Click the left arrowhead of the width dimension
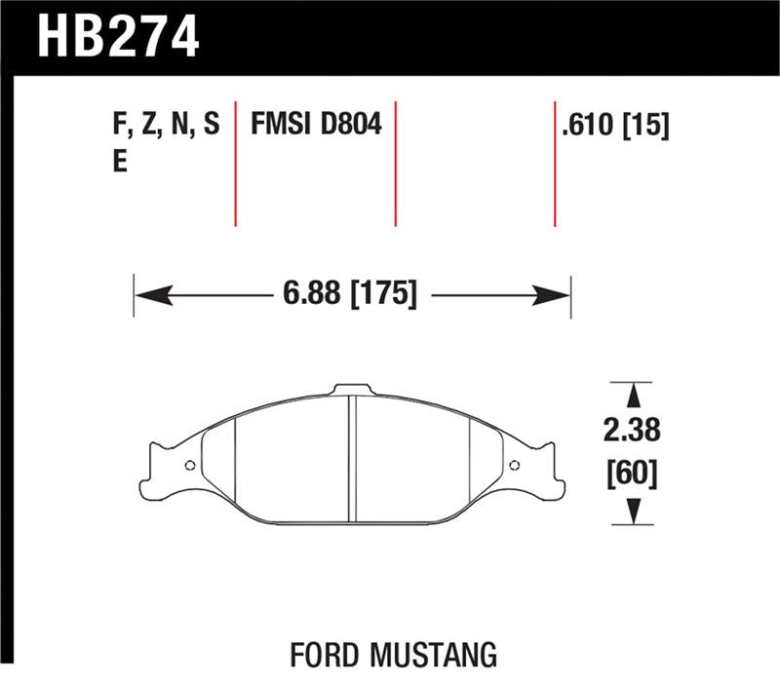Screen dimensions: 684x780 click(x=147, y=293)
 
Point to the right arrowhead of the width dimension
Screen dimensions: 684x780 click(x=558, y=293)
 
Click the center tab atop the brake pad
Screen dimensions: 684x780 click(x=354, y=390)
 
